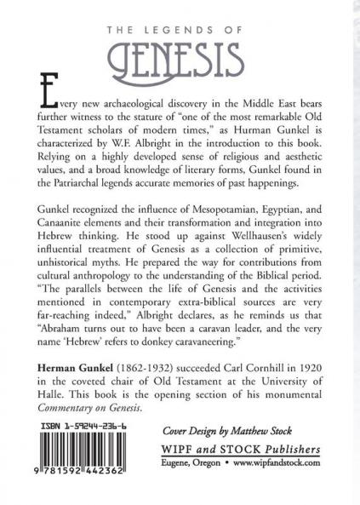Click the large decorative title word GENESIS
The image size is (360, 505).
(180, 59)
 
